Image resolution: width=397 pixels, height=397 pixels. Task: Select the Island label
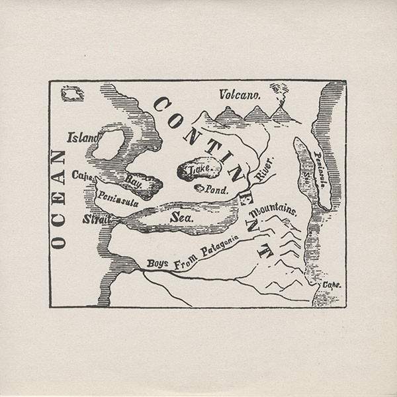pos(82,138)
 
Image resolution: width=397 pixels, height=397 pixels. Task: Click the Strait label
pos(95,219)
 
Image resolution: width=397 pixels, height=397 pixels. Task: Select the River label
pos(264,171)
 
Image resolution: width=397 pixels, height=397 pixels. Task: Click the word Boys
pos(158,263)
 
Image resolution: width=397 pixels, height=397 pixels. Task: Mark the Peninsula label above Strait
pos(118,198)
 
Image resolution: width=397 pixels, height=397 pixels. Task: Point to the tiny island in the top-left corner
pos(71,93)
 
